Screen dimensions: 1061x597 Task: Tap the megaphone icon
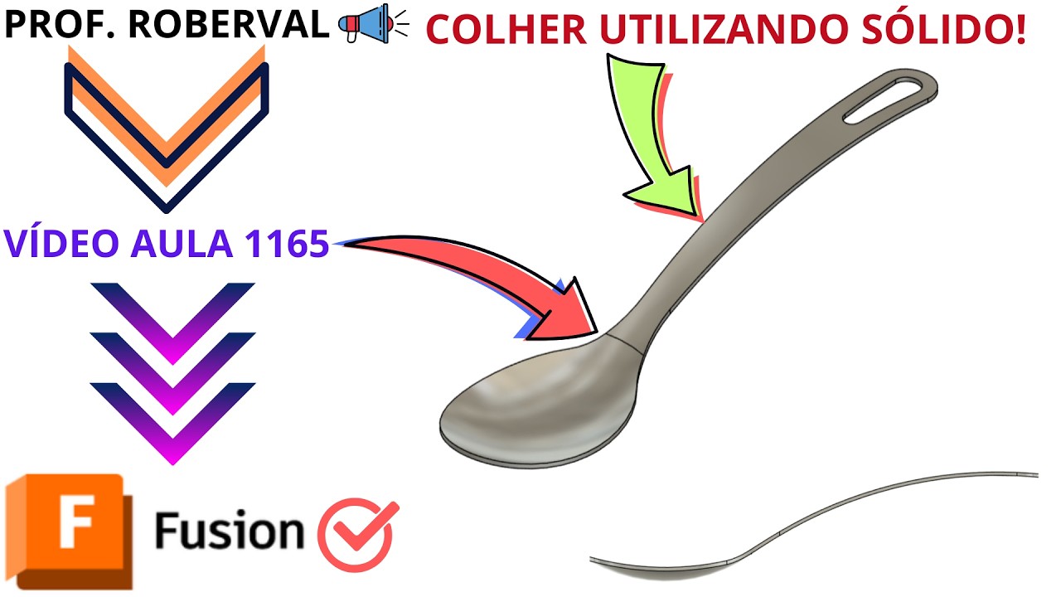[x=373, y=23]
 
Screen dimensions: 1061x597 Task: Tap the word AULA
[x=182, y=244]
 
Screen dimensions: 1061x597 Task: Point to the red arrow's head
[x=564, y=312]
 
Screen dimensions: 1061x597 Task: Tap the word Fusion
[x=230, y=530]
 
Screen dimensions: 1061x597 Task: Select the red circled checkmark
[x=356, y=536]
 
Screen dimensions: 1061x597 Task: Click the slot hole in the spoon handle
[x=882, y=101]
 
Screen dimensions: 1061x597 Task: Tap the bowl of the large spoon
[x=540, y=403]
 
